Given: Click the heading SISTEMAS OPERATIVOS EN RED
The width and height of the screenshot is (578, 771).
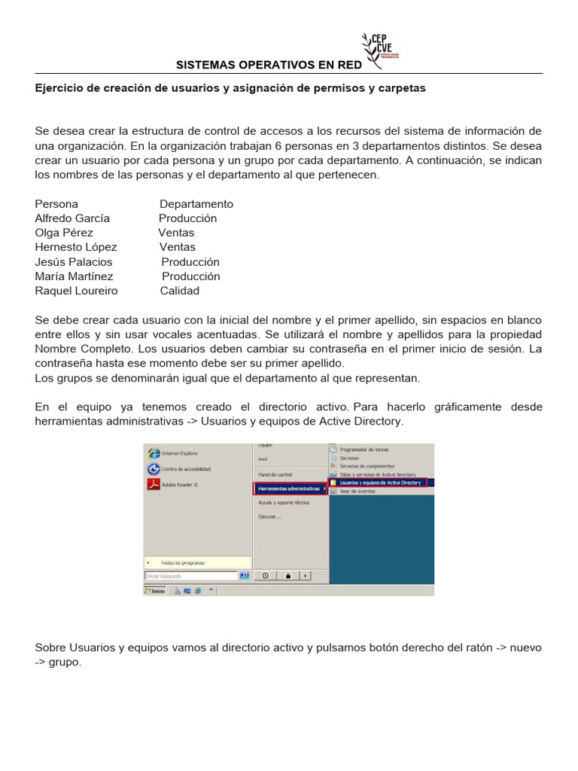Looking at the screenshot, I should click(x=269, y=66).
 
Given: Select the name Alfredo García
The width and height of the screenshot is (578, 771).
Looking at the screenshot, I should click(x=72, y=218).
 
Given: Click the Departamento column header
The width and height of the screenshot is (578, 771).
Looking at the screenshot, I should click(x=196, y=204).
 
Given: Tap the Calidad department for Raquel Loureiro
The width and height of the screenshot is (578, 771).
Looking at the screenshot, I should click(x=180, y=291).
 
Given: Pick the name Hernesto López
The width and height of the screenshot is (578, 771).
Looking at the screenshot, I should click(x=76, y=247).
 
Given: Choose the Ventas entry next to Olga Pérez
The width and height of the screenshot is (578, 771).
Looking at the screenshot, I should click(x=176, y=233).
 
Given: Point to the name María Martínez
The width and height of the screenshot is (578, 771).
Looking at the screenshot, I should click(x=74, y=276).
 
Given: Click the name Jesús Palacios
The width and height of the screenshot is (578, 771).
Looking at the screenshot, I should click(x=74, y=262).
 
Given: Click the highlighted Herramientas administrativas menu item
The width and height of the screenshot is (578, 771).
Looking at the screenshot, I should click(x=289, y=489).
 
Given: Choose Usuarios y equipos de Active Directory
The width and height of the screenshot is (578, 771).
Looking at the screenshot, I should click(x=379, y=483).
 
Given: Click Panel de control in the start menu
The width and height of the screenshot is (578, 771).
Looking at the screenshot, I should click(x=275, y=475).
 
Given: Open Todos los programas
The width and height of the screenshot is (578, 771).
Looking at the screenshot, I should click(x=182, y=562).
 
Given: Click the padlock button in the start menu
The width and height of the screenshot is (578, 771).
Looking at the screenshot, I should click(x=287, y=576).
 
